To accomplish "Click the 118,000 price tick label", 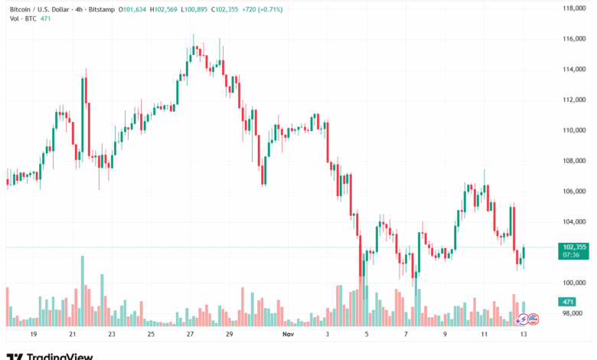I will (x=573, y=8).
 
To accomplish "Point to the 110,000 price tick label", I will (x=573, y=130).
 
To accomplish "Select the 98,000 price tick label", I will (x=575, y=313).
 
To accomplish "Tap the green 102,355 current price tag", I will (x=573, y=247).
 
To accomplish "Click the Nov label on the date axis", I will (x=288, y=335).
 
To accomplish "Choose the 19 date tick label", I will (x=33, y=335).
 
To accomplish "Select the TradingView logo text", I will (x=60, y=356).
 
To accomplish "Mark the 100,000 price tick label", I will (x=573, y=283).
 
